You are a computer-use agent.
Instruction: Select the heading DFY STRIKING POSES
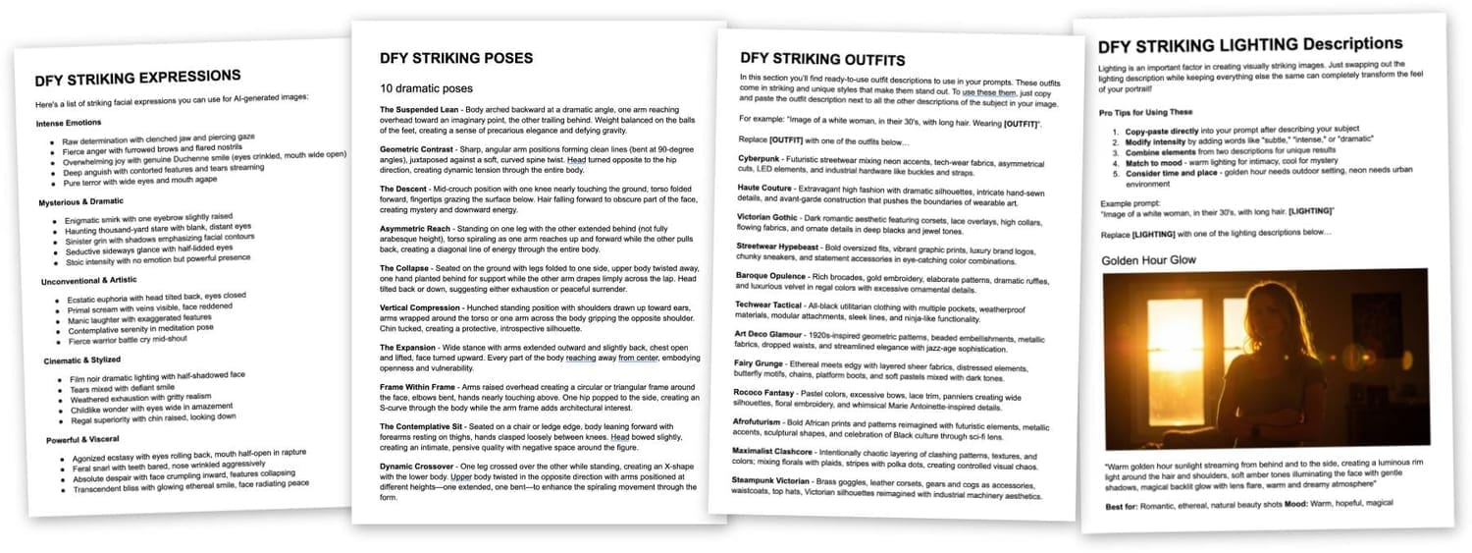pyautogui.click(x=456, y=58)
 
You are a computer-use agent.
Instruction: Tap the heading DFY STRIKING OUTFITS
pyautogui.click(x=822, y=59)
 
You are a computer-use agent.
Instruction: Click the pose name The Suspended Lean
pyautogui.click(x=420, y=109)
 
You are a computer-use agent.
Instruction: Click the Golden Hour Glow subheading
pyautogui.click(x=1149, y=261)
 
